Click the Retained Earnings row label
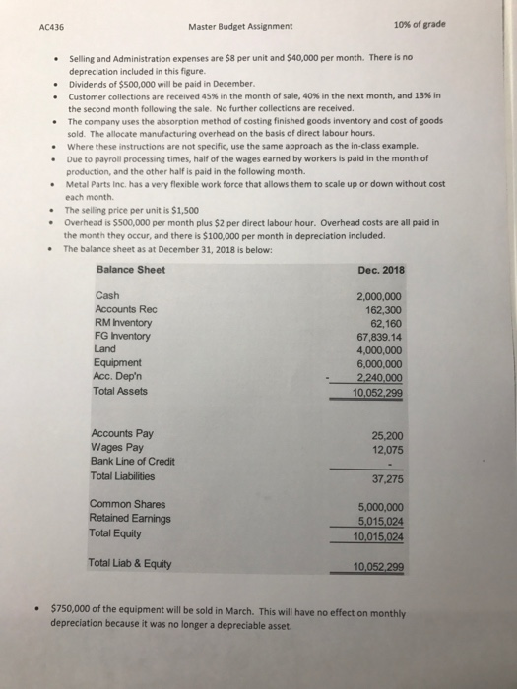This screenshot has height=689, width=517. (x=129, y=520)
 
